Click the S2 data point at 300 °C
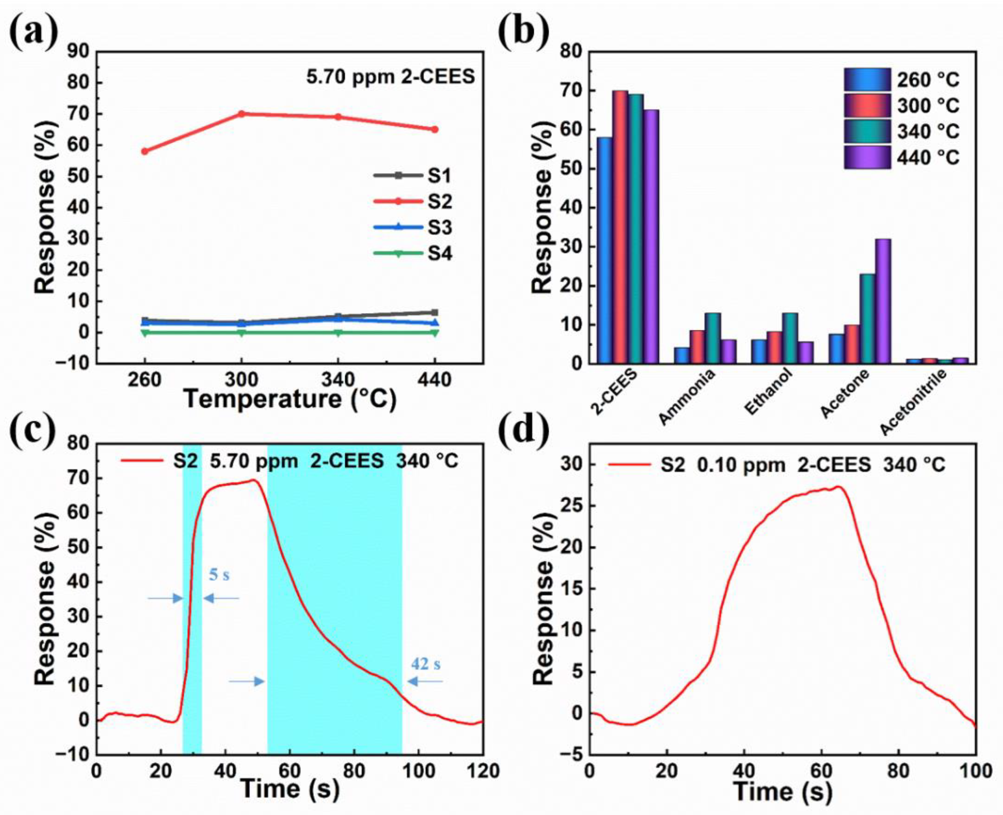click(241, 114)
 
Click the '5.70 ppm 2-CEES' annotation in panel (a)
click(391, 77)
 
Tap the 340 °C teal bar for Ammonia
click(712, 338)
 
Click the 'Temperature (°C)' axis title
click(290, 399)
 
